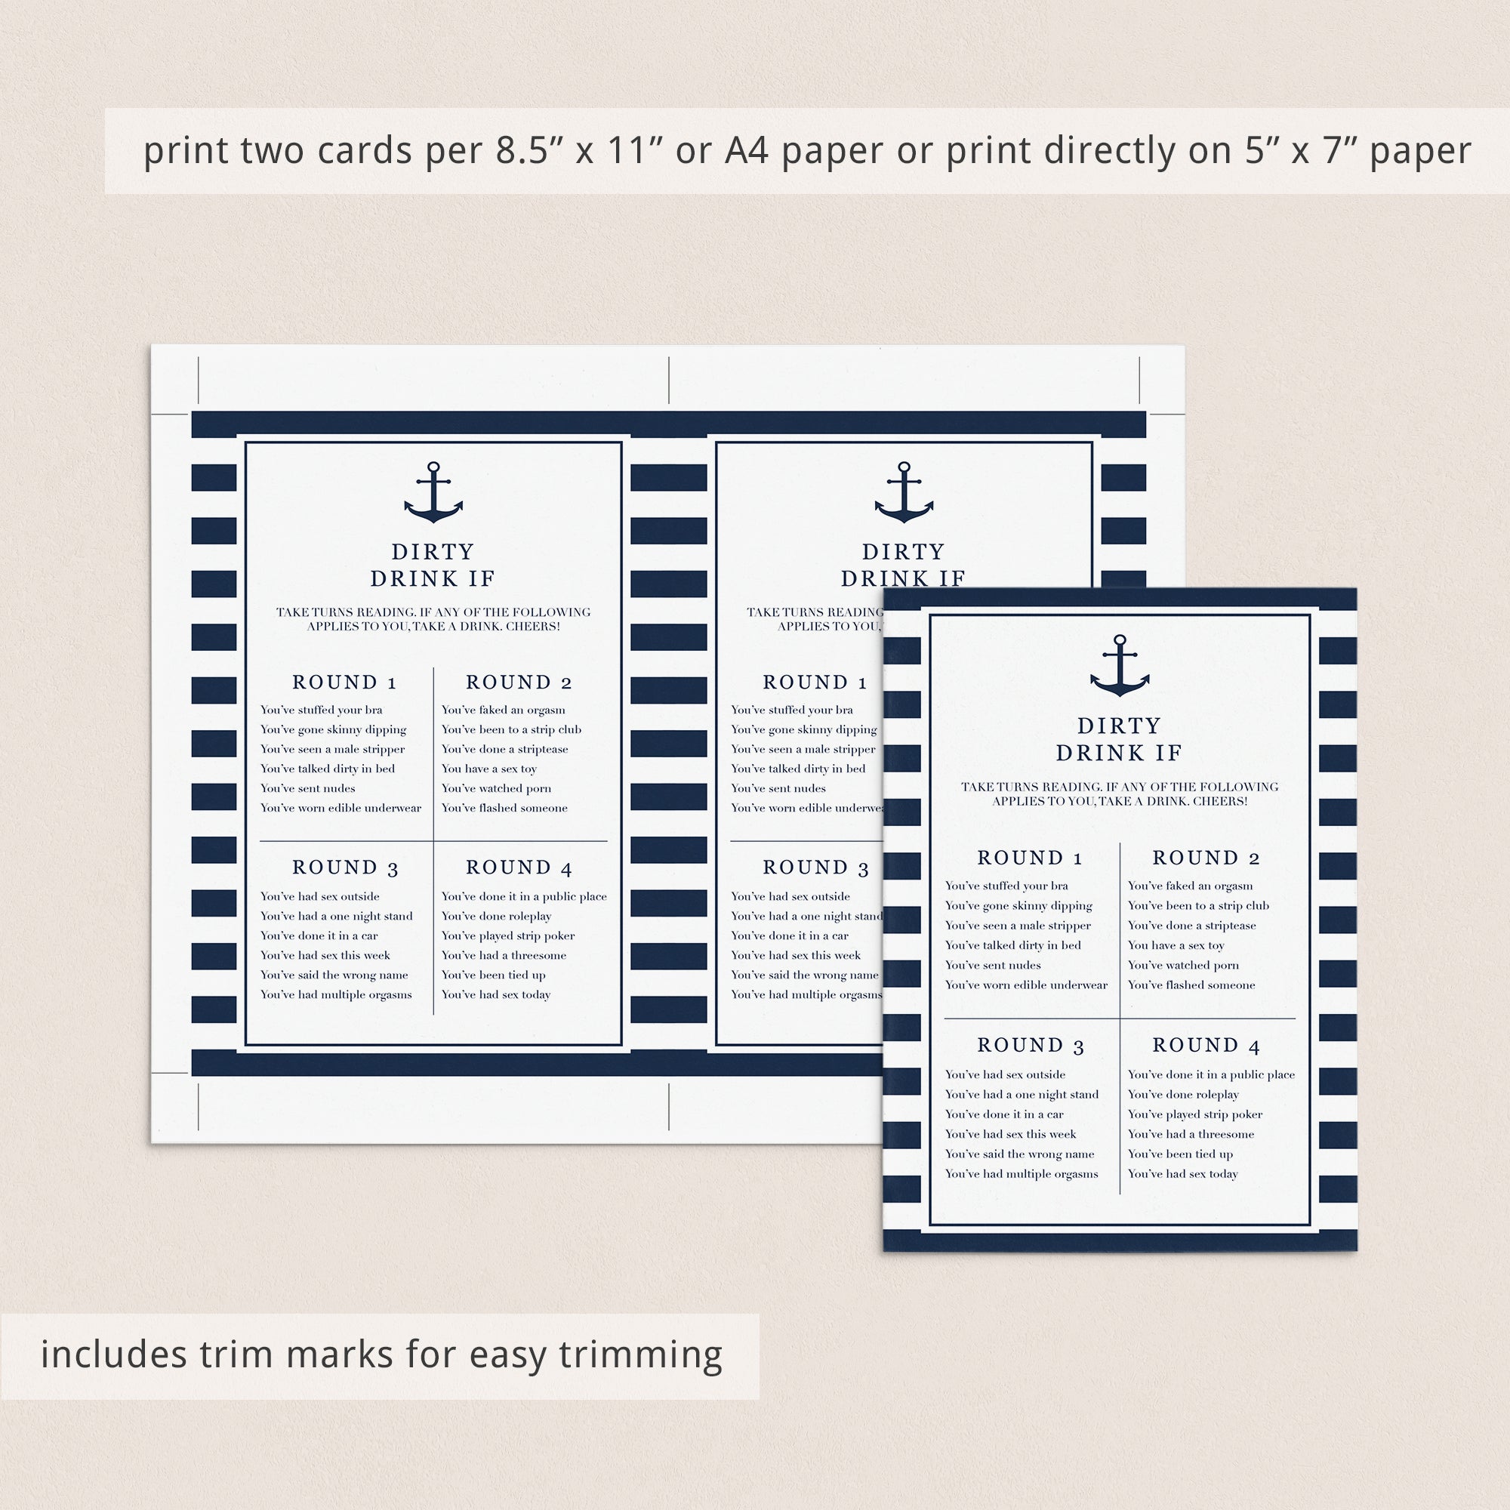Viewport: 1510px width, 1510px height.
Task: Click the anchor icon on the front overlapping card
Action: [1119, 665]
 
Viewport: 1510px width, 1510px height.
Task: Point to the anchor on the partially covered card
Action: [904, 492]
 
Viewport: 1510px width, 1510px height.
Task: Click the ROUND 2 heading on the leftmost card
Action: [519, 683]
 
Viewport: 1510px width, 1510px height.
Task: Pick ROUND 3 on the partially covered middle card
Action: [815, 867]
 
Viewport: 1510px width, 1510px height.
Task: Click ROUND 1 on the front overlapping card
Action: [1029, 858]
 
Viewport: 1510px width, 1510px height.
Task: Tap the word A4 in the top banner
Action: [747, 151]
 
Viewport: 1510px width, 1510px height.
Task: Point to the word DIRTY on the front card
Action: [1119, 726]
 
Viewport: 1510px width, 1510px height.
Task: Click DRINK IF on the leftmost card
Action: [433, 578]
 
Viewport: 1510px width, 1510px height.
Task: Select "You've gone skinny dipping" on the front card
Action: [1018, 906]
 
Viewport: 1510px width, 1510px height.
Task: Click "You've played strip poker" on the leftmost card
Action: [508, 936]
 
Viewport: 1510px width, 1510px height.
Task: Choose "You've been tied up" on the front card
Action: [1180, 1154]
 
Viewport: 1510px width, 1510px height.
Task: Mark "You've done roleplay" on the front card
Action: [1183, 1095]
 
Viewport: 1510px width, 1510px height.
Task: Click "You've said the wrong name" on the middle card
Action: [805, 975]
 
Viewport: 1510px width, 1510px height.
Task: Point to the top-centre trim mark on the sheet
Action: [669, 381]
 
